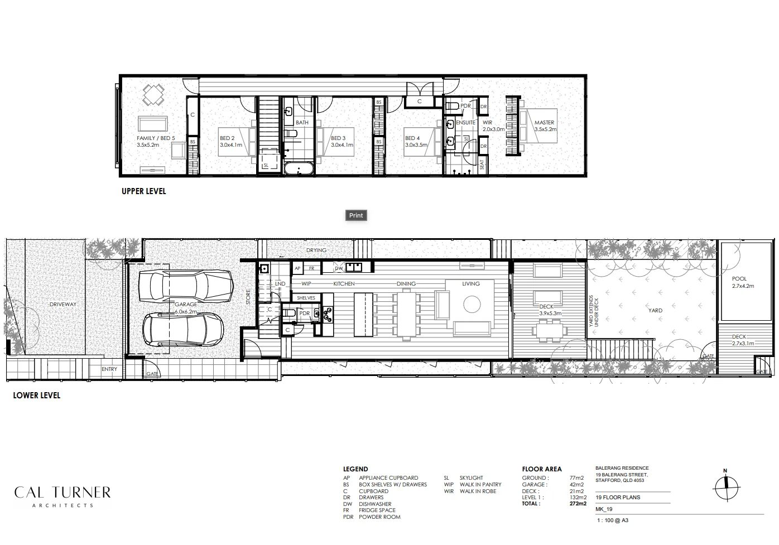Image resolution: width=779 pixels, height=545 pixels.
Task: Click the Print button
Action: point(356,215)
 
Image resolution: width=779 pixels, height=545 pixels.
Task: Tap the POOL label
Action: point(739,278)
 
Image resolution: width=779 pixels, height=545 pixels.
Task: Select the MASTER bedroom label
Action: point(544,123)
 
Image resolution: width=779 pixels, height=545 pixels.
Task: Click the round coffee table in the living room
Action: point(472,304)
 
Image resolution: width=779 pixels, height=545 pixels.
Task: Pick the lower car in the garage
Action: point(182,329)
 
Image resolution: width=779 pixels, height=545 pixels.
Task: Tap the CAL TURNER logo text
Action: point(62,493)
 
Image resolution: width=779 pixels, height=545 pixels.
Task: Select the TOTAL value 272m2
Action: point(578,504)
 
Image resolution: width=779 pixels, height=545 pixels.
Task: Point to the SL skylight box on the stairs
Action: point(266,166)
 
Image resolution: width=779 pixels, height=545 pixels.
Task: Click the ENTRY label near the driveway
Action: point(109,369)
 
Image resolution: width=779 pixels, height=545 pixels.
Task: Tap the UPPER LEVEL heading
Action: point(144,191)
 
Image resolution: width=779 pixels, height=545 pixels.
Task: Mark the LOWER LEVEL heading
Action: point(37,396)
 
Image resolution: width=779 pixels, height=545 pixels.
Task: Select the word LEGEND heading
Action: point(355,469)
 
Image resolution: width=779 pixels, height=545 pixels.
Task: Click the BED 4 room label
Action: point(412,138)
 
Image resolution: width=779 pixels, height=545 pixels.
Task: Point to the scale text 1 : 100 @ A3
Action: point(612,520)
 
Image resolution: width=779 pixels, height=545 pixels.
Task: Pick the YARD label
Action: point(655,311)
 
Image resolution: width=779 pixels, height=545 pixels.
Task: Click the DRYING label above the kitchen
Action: point(316,250)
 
